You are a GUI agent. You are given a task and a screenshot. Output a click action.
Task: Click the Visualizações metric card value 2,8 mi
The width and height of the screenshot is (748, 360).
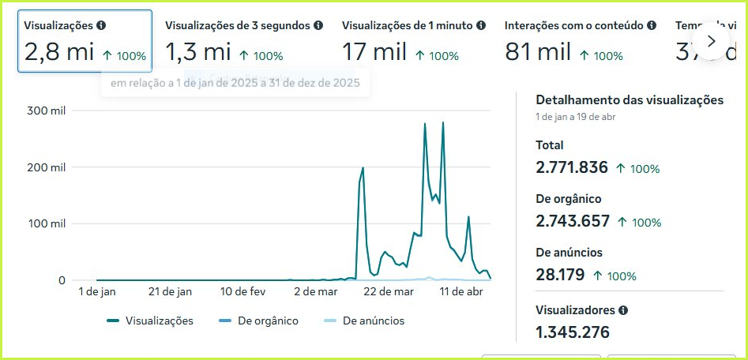click(59, 53)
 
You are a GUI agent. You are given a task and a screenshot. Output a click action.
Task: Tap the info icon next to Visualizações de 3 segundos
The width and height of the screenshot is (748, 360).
click(318, 26)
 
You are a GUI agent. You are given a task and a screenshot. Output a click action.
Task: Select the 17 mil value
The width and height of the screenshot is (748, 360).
click(374, 53)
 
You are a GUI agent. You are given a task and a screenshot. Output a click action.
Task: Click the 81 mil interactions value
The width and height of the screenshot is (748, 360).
click(538, 53)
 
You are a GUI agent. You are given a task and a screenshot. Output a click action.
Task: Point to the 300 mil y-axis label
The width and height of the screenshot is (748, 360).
click(46, 111)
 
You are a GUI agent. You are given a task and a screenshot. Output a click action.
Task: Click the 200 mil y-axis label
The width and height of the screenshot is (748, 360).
click(46, 167)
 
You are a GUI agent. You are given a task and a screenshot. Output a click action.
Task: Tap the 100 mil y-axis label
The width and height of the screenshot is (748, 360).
click(46, 223)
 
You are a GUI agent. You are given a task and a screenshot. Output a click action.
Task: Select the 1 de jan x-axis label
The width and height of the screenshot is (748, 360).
click(97, 291)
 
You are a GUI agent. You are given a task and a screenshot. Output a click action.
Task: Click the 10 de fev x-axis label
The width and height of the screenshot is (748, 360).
click(242, 291)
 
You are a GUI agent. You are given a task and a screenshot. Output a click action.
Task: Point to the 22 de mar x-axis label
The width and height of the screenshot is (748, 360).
click(389, 291)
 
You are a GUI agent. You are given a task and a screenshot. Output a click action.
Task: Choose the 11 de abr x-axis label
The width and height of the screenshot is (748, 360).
click(461, 291)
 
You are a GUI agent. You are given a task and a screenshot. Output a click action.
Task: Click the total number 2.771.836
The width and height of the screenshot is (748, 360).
click(572, 167)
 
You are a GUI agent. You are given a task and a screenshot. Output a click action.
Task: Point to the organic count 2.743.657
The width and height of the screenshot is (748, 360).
click(573, 222)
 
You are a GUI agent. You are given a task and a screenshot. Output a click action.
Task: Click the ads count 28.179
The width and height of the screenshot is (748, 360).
click(560, 275)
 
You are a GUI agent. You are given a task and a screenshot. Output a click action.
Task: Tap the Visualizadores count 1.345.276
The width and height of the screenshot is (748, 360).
click(573, 332)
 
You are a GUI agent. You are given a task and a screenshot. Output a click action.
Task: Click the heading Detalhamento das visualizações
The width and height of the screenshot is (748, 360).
click(630, 100)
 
